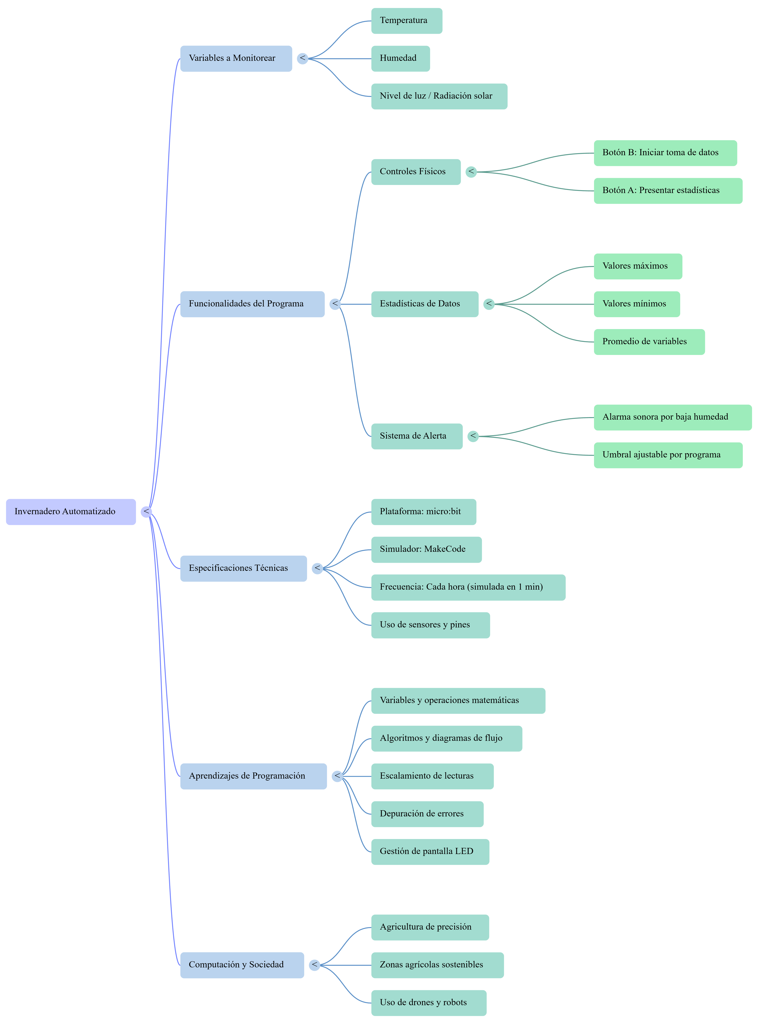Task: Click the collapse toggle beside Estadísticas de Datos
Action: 489,304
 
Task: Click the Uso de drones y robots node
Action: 429,1003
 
